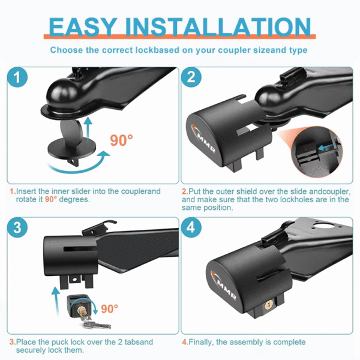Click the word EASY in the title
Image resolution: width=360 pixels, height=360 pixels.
click(82, 26)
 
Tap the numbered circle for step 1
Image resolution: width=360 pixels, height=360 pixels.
click(17, 77)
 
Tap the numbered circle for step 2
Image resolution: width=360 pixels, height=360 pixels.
click(191, 77)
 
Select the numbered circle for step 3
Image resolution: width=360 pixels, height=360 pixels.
click(17, 227)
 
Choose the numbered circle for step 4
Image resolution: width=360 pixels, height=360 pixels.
click(191, 227)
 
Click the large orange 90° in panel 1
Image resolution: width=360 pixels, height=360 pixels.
click(121, 140)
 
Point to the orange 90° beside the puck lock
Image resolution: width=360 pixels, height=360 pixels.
click(110, 309)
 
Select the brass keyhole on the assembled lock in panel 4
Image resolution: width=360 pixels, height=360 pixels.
click(269, 305)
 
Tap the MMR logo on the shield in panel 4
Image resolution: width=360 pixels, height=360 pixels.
click(223, 286)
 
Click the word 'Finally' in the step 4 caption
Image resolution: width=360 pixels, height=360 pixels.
click(201, 342)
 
